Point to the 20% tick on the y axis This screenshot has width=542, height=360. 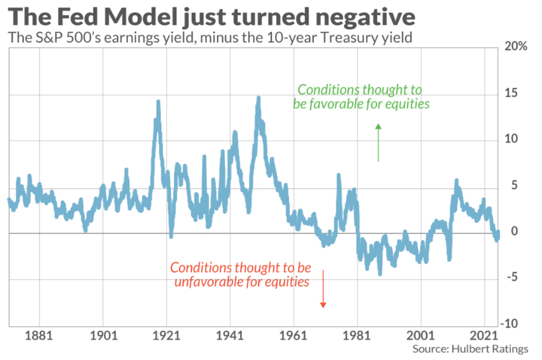516,47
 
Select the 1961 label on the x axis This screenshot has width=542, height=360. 294,336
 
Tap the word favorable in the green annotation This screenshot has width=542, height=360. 333,104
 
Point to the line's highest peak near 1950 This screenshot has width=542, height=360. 258,98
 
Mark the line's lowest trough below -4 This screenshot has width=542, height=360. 380,274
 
